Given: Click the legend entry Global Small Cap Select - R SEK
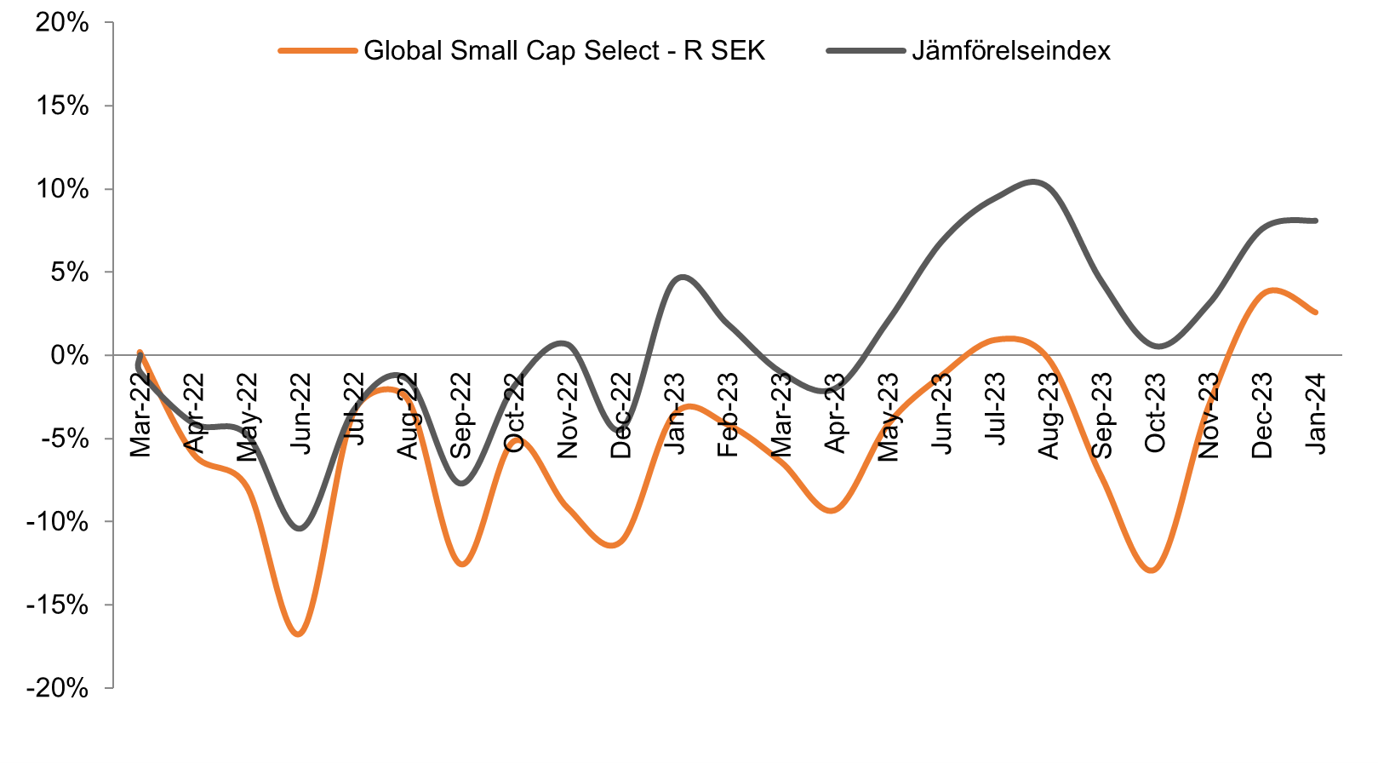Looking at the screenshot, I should [564, 51].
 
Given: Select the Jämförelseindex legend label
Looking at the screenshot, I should [1010, 51].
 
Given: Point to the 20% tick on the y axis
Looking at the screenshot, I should [62, 23].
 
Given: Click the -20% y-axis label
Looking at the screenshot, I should [57, 688].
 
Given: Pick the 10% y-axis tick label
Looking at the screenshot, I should [62, 189].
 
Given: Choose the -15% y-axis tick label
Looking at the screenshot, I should [57, 605].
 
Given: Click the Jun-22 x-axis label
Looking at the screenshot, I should [300, 415].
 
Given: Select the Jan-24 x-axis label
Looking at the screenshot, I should [1316, 414].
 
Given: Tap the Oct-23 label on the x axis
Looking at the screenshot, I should [1155, 414].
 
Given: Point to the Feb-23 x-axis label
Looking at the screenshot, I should [728, 415].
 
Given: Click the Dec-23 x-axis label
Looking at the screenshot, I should [1262, 416].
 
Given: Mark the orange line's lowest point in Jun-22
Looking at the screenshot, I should [299, 634].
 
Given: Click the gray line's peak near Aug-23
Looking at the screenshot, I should [1032, 181].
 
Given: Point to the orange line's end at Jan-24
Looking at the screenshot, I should [1316, 313].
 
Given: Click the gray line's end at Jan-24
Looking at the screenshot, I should [1316, 221].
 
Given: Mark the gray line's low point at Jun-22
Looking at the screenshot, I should [300, 529].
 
